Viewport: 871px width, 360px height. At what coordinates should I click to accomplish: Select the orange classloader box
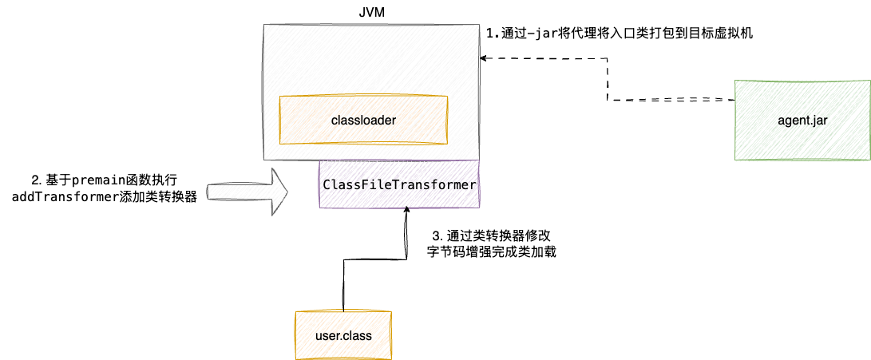tap(363, 120)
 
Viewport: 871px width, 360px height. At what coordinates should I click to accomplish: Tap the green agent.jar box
tap(802, 120)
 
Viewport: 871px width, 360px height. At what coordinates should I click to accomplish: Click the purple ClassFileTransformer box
tap(399, 184)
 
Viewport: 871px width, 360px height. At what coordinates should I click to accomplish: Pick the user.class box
tap(344, 335)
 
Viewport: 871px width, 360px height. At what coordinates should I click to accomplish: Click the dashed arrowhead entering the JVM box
tap(484, 57)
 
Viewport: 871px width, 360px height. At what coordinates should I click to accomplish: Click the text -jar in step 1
tap(531, 34)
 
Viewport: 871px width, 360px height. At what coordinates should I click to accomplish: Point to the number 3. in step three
tap(436, 236)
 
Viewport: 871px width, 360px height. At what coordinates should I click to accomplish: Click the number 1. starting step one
tap(493, 34)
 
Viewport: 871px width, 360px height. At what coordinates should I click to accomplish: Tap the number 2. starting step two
tap(36, 181)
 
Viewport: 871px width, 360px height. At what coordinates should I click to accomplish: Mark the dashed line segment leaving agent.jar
tap(687, 100)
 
